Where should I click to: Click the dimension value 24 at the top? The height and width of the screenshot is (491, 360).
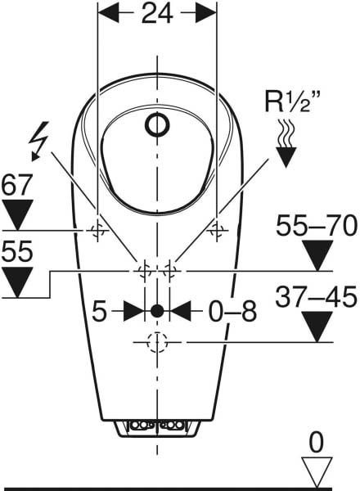click(x=157, y=14)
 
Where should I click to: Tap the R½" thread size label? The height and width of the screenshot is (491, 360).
click(x=288, y=101)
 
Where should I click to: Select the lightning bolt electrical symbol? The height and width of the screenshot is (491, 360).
click(x=38, y=141)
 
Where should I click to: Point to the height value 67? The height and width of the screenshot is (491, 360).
click(x=17, y=185)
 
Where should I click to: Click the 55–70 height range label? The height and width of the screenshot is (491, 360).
click(x=316, y=226)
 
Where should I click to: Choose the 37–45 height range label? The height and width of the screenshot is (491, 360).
click(x=316, y=296)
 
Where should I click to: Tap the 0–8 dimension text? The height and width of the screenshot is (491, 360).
click(x=232, y=312)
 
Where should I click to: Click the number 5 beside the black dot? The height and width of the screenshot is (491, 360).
click(x=100, y=312)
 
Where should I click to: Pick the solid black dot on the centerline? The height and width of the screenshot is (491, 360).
click(x=157, y=311)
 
